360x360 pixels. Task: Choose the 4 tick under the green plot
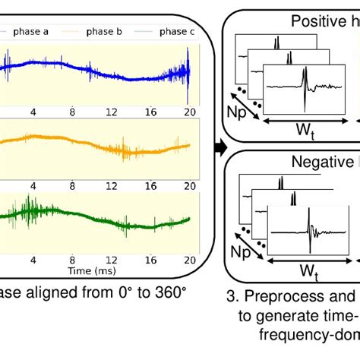point(33,259)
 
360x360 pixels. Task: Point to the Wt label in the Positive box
point(306,131)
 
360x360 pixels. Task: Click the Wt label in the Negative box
point(307,270)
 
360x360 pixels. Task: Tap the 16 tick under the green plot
point(151,259)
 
